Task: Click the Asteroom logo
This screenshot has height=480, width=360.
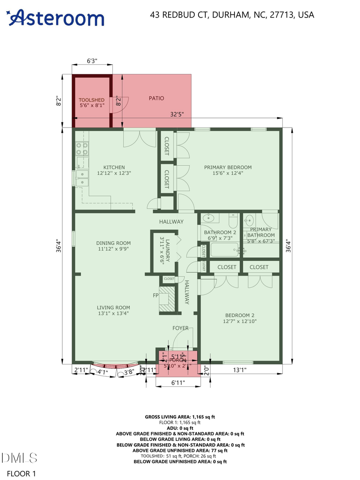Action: point(55,18)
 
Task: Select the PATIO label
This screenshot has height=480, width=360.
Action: point(156,98)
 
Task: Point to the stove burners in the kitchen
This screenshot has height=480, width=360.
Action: point(82,149)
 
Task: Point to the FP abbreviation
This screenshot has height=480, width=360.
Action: point(155,296)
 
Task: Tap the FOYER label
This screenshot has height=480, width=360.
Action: point(180,328)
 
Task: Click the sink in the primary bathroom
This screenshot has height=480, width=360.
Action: point(250,220)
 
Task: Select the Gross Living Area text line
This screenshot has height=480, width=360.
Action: point(180,417)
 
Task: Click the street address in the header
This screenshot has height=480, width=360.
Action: point(232,15)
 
